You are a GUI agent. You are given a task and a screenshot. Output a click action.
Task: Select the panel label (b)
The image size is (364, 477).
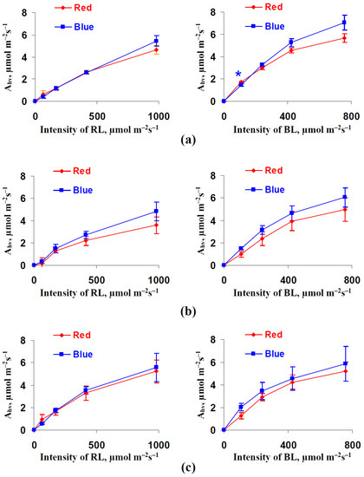[182, 302]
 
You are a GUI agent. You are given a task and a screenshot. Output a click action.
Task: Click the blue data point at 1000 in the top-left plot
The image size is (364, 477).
[157, 41]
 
